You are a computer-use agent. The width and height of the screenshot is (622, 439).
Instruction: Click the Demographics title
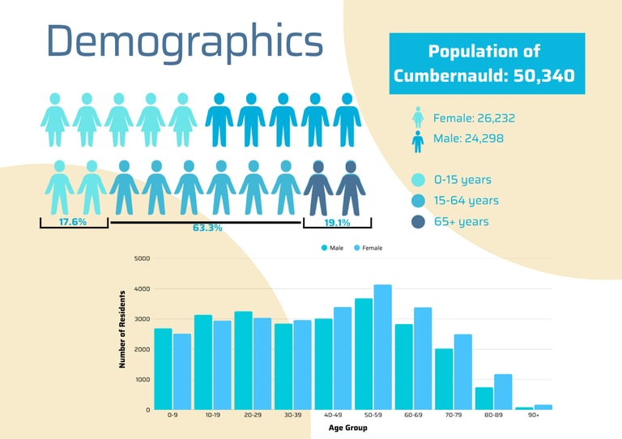coord(185,43)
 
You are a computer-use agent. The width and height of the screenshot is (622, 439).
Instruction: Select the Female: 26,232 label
coord(474,118)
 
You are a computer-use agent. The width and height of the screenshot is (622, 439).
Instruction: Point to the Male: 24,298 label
coord(468,139)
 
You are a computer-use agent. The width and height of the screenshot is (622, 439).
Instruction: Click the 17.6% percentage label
coord(73,222)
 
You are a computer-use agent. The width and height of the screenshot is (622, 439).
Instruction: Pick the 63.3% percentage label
coord(207,228)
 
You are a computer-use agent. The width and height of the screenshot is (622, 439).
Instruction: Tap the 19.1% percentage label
coord(337,222)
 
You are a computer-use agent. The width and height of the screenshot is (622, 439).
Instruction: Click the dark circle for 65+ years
coord(418,221)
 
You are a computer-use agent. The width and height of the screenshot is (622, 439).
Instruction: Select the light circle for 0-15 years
coord(418,180)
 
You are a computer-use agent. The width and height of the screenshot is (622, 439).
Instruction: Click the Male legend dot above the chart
coord(324,248)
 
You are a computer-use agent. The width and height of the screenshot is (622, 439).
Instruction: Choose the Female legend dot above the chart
coord(356,248)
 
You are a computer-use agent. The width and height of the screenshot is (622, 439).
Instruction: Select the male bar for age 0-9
coord(163,369)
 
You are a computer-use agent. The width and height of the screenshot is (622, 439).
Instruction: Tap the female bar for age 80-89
coord(503,391)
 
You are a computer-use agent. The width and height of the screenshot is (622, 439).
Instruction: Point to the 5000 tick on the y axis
coord(142,258)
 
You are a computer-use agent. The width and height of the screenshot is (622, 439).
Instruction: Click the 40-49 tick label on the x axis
coord(333,416)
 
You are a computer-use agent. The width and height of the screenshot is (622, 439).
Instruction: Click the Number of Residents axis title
coord(123,329)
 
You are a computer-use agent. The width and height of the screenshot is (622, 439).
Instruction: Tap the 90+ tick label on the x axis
coord(534,416)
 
